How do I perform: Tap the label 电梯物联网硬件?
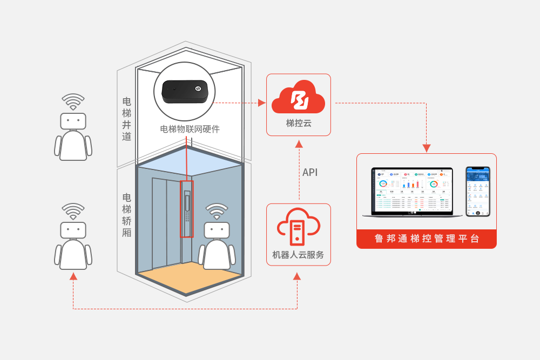(190, 129)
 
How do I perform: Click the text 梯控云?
(299, 123)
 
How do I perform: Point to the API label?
(310, 173)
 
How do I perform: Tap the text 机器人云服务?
(299, 255)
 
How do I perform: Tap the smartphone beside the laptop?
(478, 192)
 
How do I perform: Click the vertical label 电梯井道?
(127, 119)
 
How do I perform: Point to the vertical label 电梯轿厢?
(127, 215)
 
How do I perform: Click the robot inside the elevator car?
(217, 244)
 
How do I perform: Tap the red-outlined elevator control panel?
(187, 209)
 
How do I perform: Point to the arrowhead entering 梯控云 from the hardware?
(263, 102)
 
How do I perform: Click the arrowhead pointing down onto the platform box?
(427, 147)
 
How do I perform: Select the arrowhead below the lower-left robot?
(73, 276)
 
